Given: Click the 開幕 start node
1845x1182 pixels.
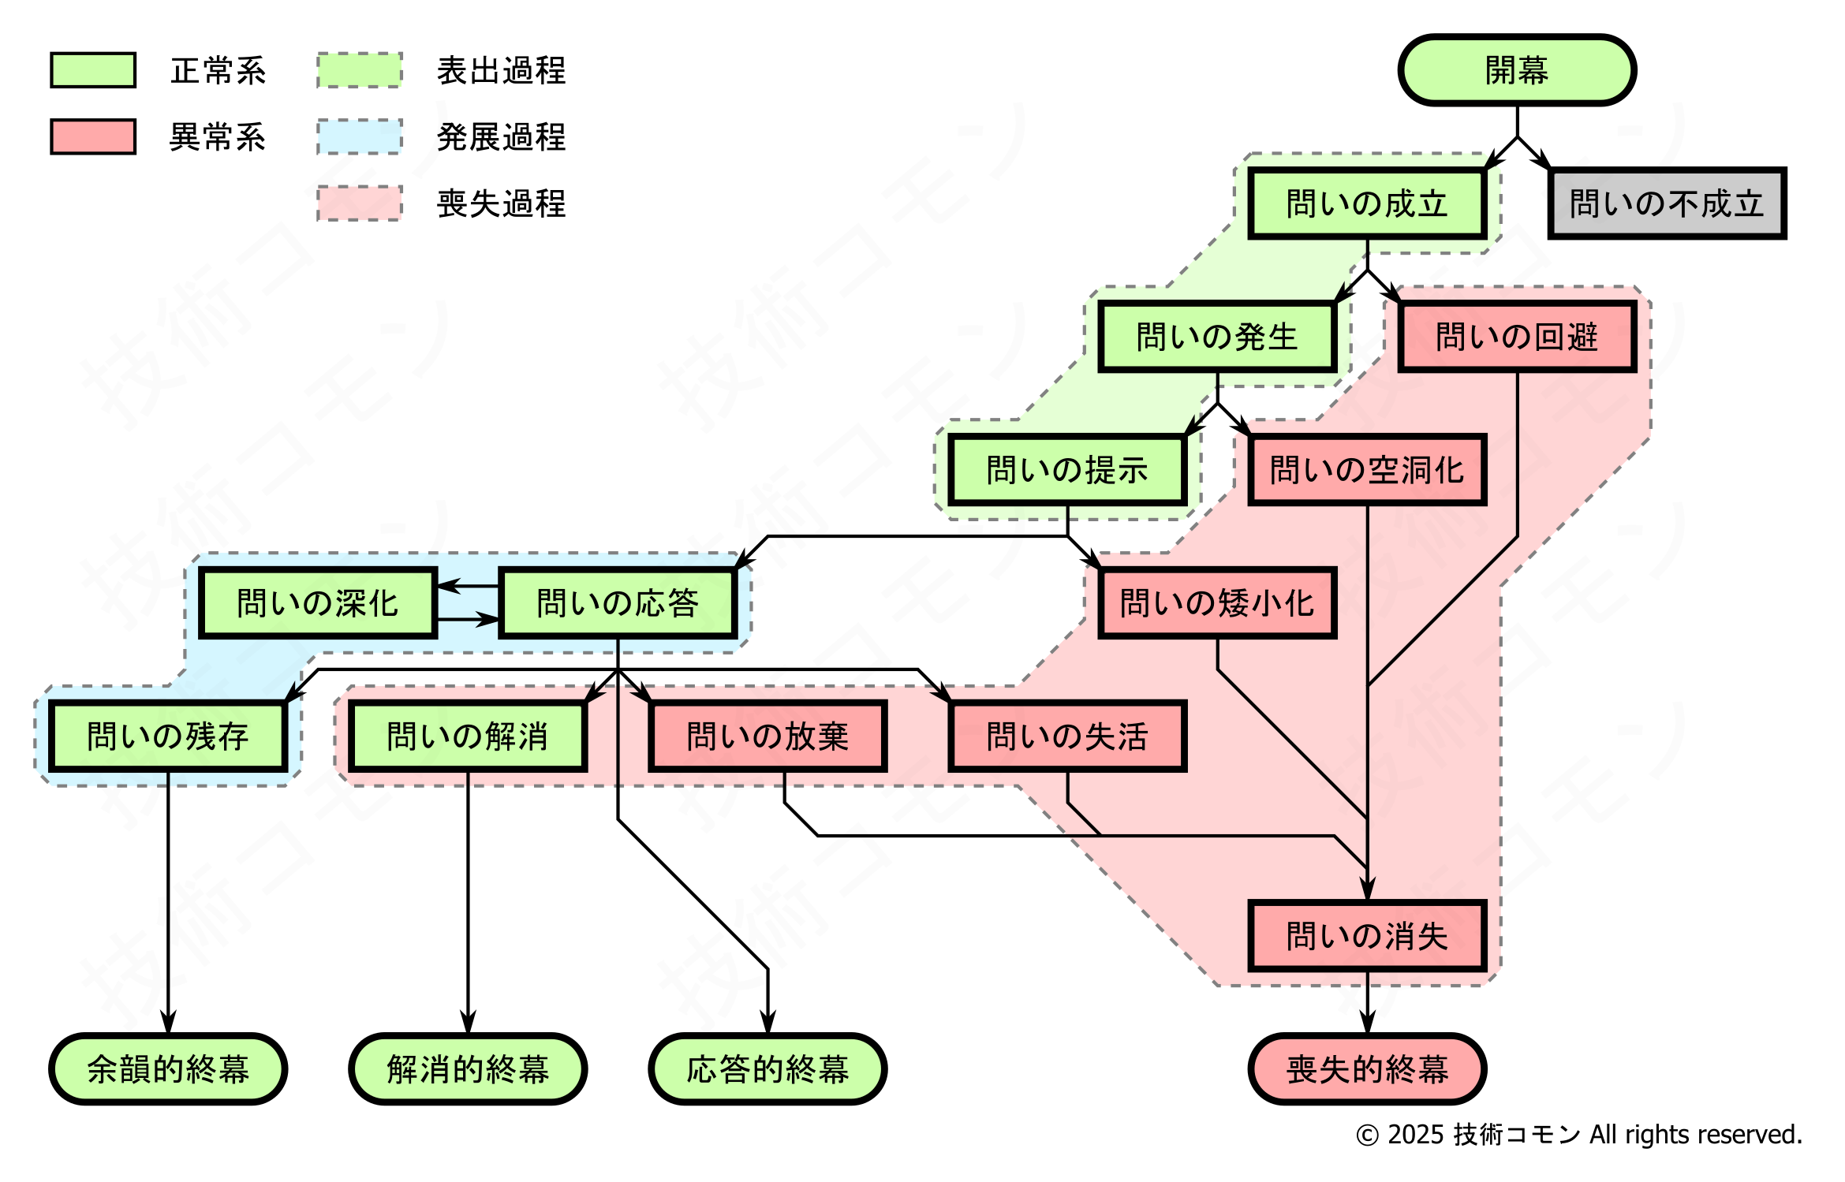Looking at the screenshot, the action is coord(1517,70).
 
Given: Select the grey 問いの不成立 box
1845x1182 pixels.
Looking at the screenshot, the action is coord(1667,203).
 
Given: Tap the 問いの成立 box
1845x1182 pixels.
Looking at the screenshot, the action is coord(1367,203).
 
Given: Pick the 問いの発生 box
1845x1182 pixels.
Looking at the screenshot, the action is coord(1217,337).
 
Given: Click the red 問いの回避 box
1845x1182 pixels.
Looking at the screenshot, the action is coord(1517,337).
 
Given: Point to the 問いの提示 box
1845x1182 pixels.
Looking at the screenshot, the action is coord(1067,470).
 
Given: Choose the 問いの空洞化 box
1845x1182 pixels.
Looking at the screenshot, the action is coord(1367,470).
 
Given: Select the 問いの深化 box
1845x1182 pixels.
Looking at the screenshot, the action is coord(318,603).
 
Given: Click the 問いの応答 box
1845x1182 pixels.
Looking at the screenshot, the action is coord(618,603).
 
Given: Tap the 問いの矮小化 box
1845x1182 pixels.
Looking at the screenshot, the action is coord(1217,603).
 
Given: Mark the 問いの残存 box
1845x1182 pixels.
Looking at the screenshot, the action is coord(168,736).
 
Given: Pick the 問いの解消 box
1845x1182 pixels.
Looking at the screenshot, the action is coord(468,736).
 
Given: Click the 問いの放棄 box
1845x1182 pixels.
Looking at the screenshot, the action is coord(768,736).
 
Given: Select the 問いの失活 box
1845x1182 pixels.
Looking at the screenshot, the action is coord(1067,736).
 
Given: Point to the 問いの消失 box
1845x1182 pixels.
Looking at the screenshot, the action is coord(1367,936).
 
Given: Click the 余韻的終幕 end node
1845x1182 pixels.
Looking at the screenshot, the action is coord(168,1069).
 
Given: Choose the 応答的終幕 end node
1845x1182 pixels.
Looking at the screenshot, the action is coord(768,1069).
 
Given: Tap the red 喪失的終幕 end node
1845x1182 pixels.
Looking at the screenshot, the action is coord(1367,1069).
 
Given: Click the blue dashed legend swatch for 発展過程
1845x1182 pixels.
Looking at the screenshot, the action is coord(360,137).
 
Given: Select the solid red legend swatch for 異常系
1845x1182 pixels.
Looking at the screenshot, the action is coord(93,137).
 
